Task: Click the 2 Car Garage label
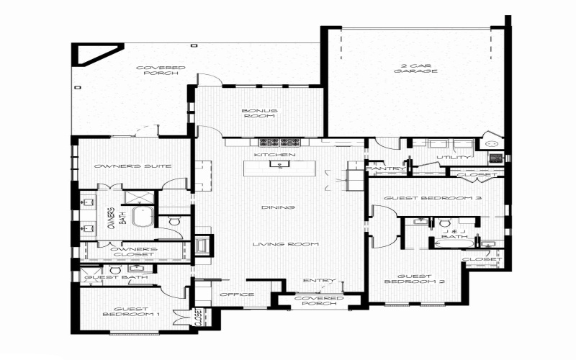(415, 68)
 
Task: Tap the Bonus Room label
(260, 112)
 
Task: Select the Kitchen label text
(275, 155)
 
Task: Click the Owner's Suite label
(132, 166)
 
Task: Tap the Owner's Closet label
(133, 251)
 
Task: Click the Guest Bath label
(117, 277)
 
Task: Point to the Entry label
(315, 281)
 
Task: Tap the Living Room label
(285, 245)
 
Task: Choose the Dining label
(278, 208)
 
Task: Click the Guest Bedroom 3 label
(432, 198)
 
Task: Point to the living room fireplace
(204, 245)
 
